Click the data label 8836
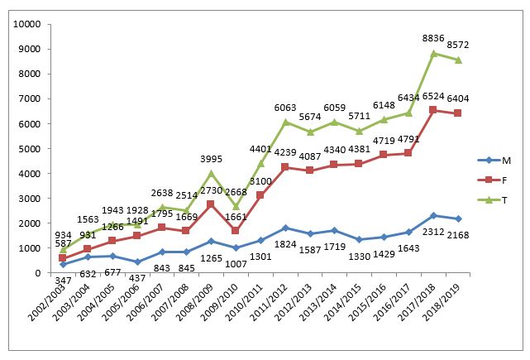pyautogui.click(x=434, y=38)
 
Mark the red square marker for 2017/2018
pyautogui.click(x=433, y=110)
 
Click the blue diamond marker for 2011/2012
pyautogui.click(x=285, y=228)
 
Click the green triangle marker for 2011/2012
pyautogui.click(x=285, y=122)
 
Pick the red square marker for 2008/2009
pyautogui.click(x=211, y=204)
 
